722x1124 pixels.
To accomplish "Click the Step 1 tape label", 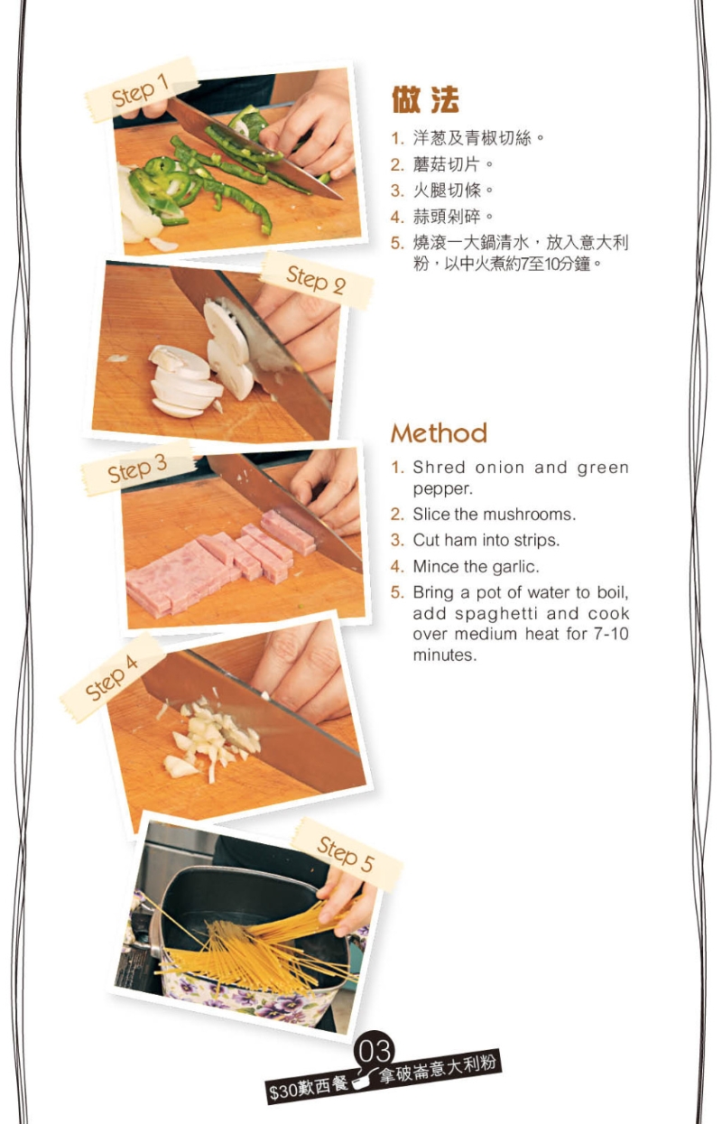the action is point(141,91).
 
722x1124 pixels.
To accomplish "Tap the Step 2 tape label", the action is point(316,280).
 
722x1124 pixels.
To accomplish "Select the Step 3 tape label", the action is point(137,469).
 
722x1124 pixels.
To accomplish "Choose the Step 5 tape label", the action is point(347,854).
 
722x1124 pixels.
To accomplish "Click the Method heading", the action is point(439,433).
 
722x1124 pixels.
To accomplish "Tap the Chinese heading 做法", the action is point(425,99).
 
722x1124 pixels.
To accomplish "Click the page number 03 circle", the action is point(374,1051).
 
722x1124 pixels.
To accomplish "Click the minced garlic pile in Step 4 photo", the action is point(210,737).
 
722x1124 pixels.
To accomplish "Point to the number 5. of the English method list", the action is point(397,592).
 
